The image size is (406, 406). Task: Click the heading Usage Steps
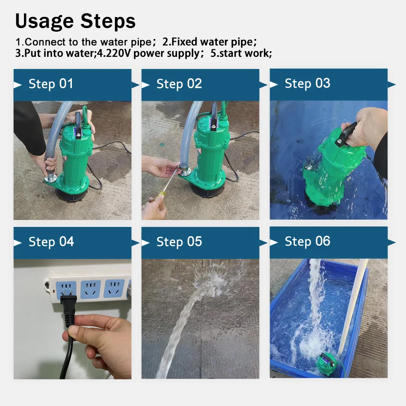[76, 21]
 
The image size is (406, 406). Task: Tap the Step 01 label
[51, 84]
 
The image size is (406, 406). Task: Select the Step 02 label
[179, 84]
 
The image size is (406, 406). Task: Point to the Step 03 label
[307, 83]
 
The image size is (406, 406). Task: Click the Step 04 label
[51, 242]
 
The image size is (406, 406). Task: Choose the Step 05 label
[179, 242]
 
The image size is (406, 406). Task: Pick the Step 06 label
[307, 241]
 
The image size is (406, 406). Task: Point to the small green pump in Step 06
[327, 364]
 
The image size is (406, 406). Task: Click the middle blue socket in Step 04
[91, 289]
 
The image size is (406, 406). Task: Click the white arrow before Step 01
[17, 85]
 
